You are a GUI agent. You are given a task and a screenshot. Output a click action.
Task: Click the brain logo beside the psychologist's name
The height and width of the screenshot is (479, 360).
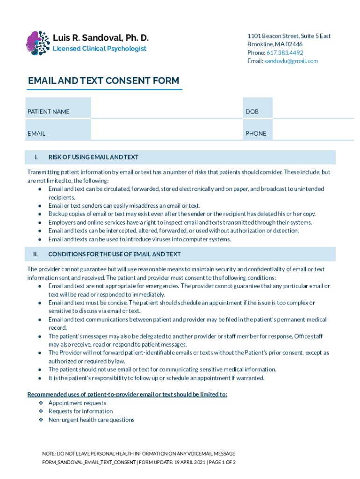point(38,43)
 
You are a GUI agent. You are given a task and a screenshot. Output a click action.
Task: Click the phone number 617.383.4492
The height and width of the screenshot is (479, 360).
point(285,53)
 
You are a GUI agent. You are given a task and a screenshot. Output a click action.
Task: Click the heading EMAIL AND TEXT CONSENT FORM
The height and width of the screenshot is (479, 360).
point(103,81)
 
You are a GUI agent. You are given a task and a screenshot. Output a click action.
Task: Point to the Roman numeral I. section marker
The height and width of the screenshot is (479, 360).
point(36,157)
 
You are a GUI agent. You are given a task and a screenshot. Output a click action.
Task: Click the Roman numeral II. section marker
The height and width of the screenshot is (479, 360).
point(35,254)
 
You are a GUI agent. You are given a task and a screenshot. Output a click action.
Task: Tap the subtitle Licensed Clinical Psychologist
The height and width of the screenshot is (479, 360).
point(99,49)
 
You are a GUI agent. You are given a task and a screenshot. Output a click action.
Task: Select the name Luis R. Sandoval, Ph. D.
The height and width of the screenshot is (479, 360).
point(101,37)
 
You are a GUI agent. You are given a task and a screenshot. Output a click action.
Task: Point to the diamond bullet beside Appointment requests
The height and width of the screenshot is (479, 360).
point(41,403)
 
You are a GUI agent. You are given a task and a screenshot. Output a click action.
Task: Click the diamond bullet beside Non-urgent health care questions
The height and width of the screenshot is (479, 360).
point(41,420)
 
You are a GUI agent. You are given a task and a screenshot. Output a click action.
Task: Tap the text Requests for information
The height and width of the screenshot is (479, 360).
point(80,412)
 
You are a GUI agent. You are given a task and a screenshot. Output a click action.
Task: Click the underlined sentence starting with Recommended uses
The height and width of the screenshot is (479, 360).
point(127,394)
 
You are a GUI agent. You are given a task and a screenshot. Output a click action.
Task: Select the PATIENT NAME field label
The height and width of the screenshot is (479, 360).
point(49,112)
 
